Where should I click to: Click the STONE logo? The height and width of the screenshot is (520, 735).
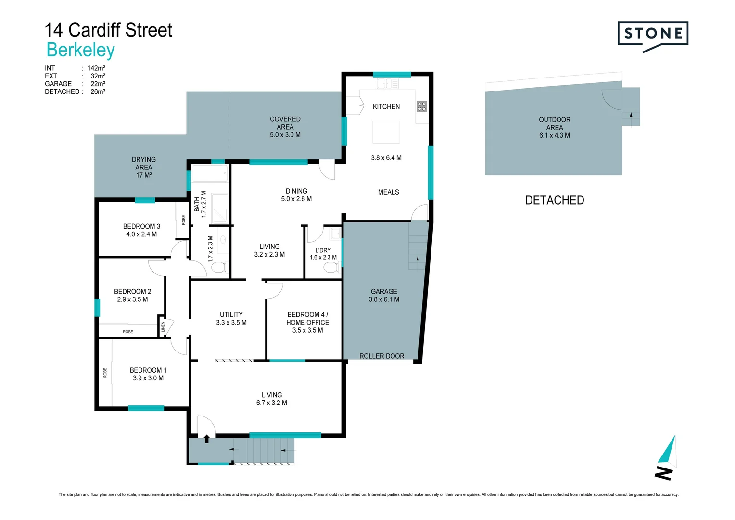(x=653, y=34)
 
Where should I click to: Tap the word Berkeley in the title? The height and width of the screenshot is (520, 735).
(x=80, y=50)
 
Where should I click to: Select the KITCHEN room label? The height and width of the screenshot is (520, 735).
(x=386, y=107)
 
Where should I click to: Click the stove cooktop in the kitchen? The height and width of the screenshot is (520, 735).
(x=421, y=106)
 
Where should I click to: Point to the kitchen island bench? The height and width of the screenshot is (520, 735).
(x=386, y=132)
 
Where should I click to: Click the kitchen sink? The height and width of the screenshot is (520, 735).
(x=387, y=84)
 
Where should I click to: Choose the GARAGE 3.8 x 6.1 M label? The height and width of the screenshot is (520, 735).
(x=384, y=295)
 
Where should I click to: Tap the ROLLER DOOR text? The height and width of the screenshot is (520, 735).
(x=381, y=356)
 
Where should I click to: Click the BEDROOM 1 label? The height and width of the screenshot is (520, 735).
(x=148, y=370)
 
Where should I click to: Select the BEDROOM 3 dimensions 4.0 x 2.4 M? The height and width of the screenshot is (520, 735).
(x=141, y=234)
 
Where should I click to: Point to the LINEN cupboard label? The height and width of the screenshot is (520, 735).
(x=163, y=326)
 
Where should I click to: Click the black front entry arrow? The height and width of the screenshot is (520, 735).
(x=207, y=439)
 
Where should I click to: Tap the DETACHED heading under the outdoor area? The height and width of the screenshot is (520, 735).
(x=554, y=200)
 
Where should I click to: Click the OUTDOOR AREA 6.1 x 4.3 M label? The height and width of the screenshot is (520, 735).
(x=554, y=128)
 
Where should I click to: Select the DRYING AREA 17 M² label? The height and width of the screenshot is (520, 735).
(x=143, y=167)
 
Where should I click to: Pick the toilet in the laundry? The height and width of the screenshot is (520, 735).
(x=330, y=267)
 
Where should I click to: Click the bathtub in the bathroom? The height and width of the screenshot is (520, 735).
(x=210, y=173)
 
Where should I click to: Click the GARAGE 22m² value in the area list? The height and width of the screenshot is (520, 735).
(x=98, y=84)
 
